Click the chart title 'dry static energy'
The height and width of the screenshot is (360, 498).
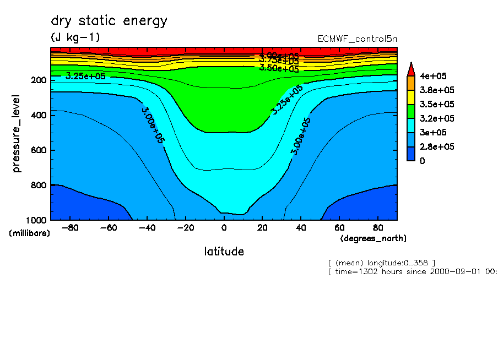(x=109, y=21)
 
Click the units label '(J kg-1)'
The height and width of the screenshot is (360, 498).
(x=75, y=37)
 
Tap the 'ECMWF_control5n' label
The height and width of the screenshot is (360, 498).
(x=357, y=39)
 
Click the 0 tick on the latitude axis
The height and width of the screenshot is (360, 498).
(x=224, y=227)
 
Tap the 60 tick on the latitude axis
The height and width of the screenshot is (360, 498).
(x=339, y=227)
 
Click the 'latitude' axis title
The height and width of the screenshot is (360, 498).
(x=224, y=252)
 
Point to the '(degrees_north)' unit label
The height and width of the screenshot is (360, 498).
(x=373, y=238)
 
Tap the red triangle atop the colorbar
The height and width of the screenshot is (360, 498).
(x=410, y=69)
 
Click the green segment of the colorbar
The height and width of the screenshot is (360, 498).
(x=410, y=111)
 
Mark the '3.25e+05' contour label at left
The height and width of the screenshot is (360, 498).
(x=85, y=76)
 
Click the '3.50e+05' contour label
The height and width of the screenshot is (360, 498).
(x=279, y=68)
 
